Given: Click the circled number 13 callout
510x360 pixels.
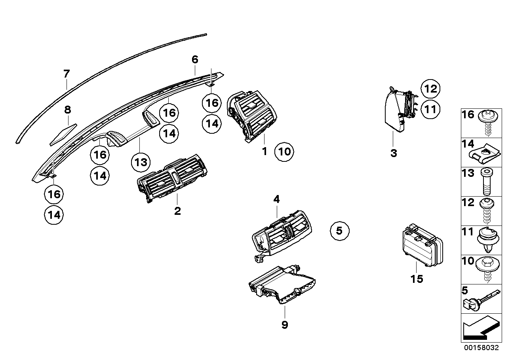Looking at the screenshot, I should (x=141, y=162).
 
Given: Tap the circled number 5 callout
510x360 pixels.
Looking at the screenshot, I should (x=339, y=230).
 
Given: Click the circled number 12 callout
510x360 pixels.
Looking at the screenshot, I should (x=430, y=89).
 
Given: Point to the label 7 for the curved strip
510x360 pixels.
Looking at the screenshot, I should (x=67, y=74).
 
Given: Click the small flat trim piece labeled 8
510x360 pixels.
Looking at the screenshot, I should (x=63, y=134).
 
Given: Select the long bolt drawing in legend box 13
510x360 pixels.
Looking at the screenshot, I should (x=487, y=182).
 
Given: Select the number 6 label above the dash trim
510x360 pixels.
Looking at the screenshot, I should (x=194, y=60).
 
